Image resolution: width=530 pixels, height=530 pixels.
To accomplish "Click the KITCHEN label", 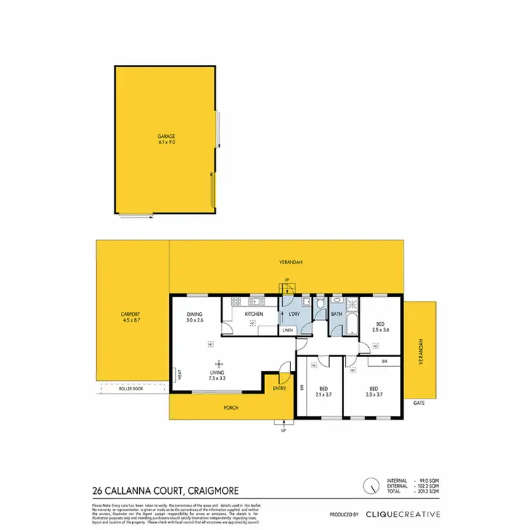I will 254,314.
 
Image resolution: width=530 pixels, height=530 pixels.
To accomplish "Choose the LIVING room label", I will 217,372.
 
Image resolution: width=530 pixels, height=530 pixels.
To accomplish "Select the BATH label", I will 336,314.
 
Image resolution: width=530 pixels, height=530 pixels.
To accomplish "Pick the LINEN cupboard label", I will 288,330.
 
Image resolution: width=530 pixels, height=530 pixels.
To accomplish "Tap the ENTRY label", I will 280,388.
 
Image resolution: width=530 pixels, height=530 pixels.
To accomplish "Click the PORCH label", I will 230,407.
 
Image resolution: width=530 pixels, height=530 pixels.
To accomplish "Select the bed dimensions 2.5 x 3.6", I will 380,330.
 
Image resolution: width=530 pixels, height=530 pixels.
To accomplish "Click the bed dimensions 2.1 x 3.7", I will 324,394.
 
